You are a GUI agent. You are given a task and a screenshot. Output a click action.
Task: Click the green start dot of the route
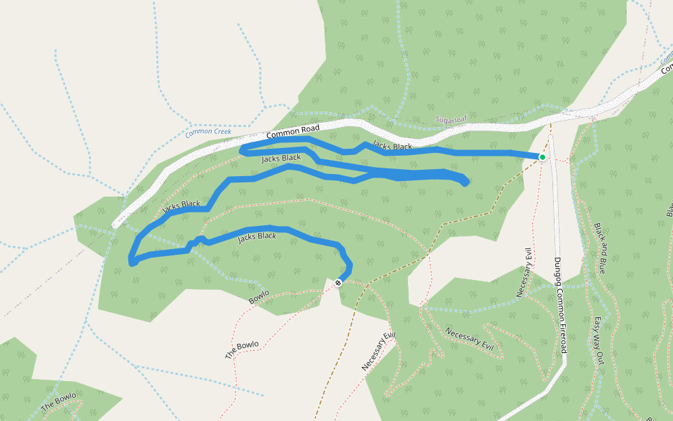coord(542,156)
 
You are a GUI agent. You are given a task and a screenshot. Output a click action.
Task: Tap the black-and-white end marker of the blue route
coord(338,283)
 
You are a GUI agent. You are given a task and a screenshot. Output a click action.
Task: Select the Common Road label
coord(293,131)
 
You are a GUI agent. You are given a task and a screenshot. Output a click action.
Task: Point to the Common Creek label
coord(208,131)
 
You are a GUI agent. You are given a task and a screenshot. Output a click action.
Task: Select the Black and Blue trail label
coord(601,248)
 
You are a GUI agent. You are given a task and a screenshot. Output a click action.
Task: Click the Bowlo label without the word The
coord(259,297)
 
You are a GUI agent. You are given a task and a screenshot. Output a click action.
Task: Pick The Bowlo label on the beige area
coord(242,349)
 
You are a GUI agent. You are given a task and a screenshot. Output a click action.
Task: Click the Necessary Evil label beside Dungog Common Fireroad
coord(524,272)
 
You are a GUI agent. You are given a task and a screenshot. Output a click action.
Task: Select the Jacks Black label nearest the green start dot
coord(393,146)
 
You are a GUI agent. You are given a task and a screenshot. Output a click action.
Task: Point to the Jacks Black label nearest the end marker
coord(257,236)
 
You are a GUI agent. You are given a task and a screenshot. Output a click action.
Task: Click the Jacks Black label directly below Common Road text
coord(281,159)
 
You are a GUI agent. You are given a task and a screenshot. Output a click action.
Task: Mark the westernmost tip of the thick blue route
coord(131,262)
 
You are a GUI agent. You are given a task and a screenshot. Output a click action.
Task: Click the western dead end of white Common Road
coord(115,225)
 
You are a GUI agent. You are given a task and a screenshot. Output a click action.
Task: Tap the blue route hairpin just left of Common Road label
coord(241,149)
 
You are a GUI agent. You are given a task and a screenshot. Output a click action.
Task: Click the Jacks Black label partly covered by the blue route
coord(181,206)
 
